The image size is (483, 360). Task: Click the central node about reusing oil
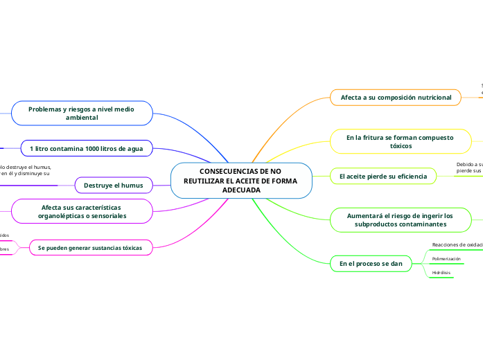point(240,181)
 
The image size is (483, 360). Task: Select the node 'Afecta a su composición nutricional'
point(396,98)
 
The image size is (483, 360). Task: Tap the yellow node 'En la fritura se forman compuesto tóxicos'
point(400,142)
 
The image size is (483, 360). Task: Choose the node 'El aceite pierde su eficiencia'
point(383,177)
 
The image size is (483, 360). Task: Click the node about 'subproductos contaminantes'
point(400,220)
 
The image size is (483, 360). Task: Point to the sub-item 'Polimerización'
point(446,258)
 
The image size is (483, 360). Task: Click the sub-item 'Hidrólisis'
point(441,273)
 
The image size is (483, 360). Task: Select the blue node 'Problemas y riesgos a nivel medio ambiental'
point(81,114)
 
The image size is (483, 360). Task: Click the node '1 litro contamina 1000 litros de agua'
point(86,149)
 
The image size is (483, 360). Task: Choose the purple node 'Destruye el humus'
point(113,186)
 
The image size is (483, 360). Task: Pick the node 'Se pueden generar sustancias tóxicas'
point(89,247)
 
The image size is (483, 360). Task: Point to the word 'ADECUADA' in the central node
point(240,190)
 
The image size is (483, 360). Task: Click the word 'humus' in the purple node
point(131,186)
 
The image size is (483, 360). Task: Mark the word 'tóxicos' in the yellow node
point(400,146)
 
